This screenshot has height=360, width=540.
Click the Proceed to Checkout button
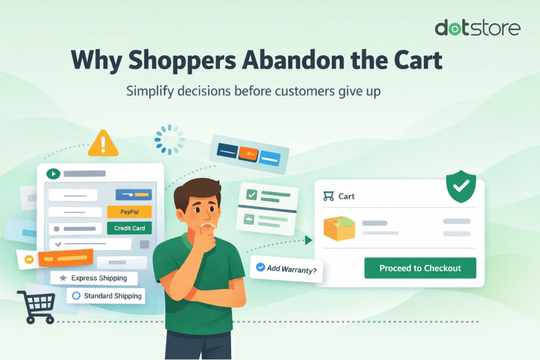(420, 268)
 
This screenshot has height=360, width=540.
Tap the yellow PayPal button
(130, 212)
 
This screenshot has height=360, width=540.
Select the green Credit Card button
(130, 228)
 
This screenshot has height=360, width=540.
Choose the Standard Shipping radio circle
(76, 296)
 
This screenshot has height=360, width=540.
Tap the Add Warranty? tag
(286, 268)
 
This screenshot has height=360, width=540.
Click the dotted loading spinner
(170, 140)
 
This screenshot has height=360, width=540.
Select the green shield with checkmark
(461, 187)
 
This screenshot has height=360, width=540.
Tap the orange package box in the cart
(339, 228)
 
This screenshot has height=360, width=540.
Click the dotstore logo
(477, 28)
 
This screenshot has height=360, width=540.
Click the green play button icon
(53, 174)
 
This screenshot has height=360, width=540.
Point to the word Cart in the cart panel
(346, 196)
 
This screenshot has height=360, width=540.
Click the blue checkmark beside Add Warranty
(260, 267)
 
